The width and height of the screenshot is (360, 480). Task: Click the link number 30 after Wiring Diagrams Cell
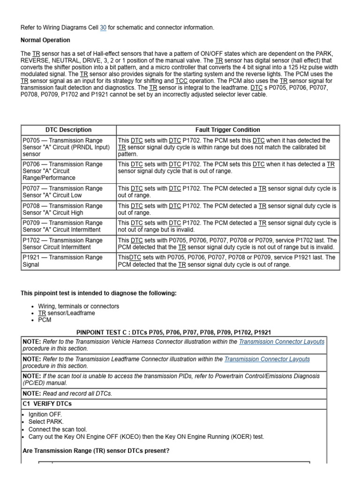(x=104, y=28)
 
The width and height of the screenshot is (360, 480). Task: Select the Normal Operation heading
(x=45, y=40)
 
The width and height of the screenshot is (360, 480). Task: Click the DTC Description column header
(x=68, y=130)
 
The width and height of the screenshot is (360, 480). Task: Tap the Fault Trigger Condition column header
(x=227, y=130)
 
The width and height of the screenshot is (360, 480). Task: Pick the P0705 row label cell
(x=68, y=147)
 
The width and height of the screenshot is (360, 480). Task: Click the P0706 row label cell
(x=68, y=171)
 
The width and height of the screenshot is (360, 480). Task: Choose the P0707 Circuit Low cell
(x=68, y=192)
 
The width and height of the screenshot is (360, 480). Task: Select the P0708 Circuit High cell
(x=68, y=209)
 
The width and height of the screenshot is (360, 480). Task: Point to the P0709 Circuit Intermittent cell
(x=68, y=226)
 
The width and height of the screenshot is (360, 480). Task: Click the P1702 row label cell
(x=68, y=244)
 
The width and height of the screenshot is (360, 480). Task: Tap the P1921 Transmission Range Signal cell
(x=68, y=261)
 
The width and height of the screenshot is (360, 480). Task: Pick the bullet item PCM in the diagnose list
(x=45, y=320)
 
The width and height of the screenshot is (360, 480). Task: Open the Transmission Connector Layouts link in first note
(x=281, y=342)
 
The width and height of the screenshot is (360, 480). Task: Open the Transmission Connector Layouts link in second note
(x=267, y=359)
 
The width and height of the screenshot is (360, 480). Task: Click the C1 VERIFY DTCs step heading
(x=47, y=404)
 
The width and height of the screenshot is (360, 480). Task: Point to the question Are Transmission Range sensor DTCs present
(x=96, y=451)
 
